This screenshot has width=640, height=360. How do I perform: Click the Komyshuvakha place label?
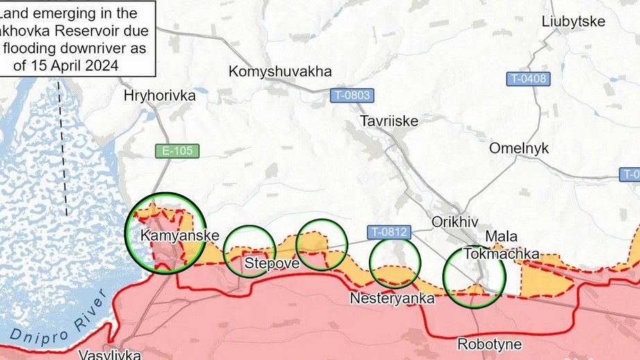(280, 71)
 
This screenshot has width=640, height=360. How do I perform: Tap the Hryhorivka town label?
(159, 96)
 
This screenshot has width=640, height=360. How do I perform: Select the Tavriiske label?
(389, 121)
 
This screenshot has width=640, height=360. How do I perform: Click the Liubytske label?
(573, 22)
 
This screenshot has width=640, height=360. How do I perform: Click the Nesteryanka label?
(393, 299)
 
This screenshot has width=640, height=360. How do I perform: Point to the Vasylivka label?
(110, 354)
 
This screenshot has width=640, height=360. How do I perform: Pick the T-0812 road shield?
(388, 232)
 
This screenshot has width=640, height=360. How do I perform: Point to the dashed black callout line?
(64, 146)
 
